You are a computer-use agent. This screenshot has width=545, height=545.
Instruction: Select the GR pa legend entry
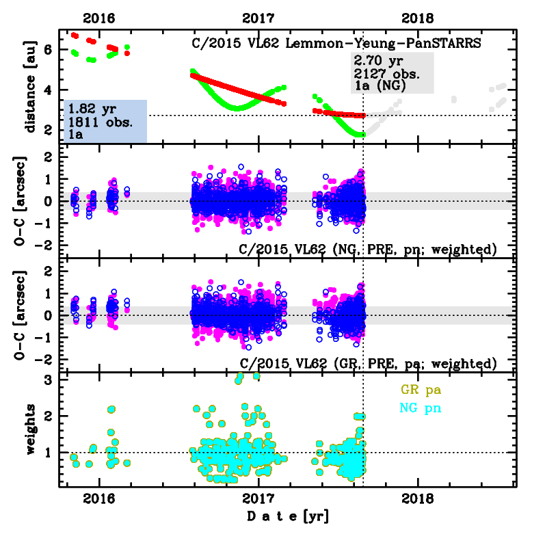pyautogui.click(x=420, y=390)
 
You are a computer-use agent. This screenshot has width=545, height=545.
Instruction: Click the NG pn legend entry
pyautogui.click(x=420, y=408)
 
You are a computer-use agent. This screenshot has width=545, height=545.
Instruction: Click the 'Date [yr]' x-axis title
pyautogui.click(x=287, y=517)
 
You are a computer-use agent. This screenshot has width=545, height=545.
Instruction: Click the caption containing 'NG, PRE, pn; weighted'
pyautogui.click(x=368, y=248)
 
